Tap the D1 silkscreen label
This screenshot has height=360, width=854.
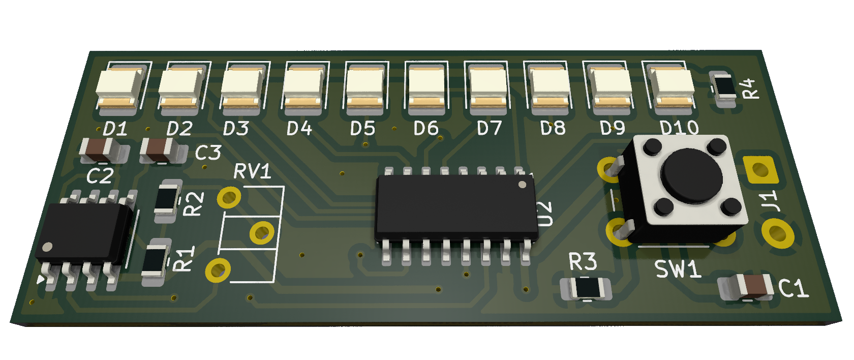(115, 129)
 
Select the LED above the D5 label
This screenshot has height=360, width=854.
(365, 87)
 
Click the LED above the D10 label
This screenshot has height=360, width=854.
(672, 87)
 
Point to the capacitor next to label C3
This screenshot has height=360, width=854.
(160, 150)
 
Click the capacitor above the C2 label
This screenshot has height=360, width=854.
(100, 150)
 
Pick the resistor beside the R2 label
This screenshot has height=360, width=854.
(167, 200)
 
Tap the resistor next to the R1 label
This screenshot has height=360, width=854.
(156, 261)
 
